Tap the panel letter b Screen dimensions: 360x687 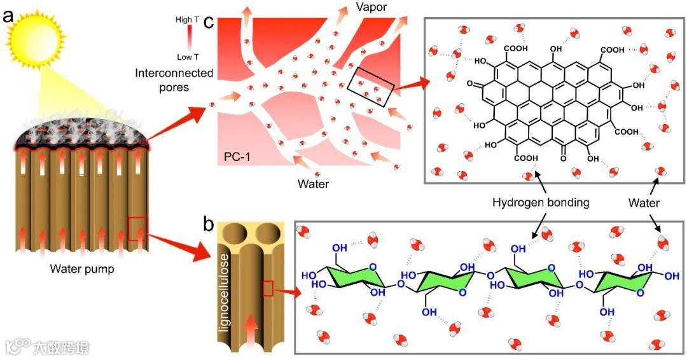208,224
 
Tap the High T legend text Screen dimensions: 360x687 187,20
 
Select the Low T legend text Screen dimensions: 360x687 187,57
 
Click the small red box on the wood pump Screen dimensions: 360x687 138,228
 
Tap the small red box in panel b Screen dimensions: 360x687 268,289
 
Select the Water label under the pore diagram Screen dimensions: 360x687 313,184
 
